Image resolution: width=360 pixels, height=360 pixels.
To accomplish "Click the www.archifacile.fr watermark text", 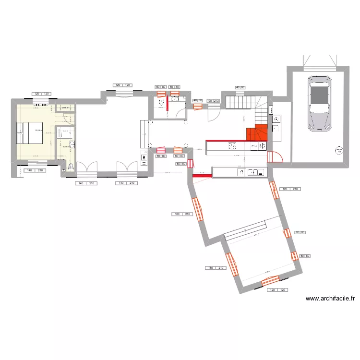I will point(331,299).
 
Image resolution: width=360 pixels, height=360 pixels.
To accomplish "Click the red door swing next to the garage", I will point(276,157).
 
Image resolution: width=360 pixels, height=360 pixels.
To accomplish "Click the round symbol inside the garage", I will point(339,151).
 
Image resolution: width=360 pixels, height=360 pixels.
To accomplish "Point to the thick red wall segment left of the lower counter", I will point(202,176).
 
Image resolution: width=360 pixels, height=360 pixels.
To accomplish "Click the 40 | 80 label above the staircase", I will point(240,87).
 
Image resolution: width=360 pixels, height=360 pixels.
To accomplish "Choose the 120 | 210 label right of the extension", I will point(290,189).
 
